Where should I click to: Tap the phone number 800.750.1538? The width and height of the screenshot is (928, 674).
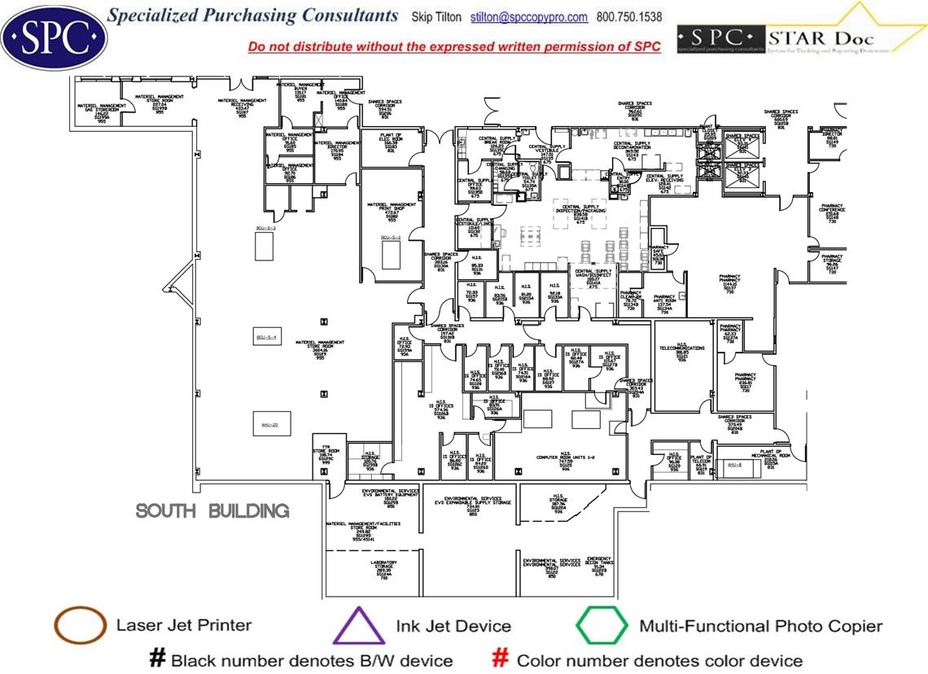pos(629,17)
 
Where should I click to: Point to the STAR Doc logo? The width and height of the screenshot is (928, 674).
pos(802,37)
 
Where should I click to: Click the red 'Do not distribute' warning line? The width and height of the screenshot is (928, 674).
pos(454,47)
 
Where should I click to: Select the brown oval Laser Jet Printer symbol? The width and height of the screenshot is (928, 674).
pos(80,626)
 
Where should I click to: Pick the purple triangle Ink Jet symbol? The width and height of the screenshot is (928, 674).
pos(359,626)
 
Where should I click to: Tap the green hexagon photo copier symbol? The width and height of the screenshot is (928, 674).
pos(602,626)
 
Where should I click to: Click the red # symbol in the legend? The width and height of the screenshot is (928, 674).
pos(501,659)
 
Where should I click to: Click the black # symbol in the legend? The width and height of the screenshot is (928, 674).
pos(157,659)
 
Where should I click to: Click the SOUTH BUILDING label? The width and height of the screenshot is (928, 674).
pos(212,511)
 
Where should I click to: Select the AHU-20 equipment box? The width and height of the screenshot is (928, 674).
pos(270,424)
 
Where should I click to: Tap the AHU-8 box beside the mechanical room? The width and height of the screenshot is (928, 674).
pos(734,465)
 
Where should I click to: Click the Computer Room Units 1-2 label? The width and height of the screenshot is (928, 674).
pos(565,459)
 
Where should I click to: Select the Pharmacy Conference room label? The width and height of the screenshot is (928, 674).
pos(832,212)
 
